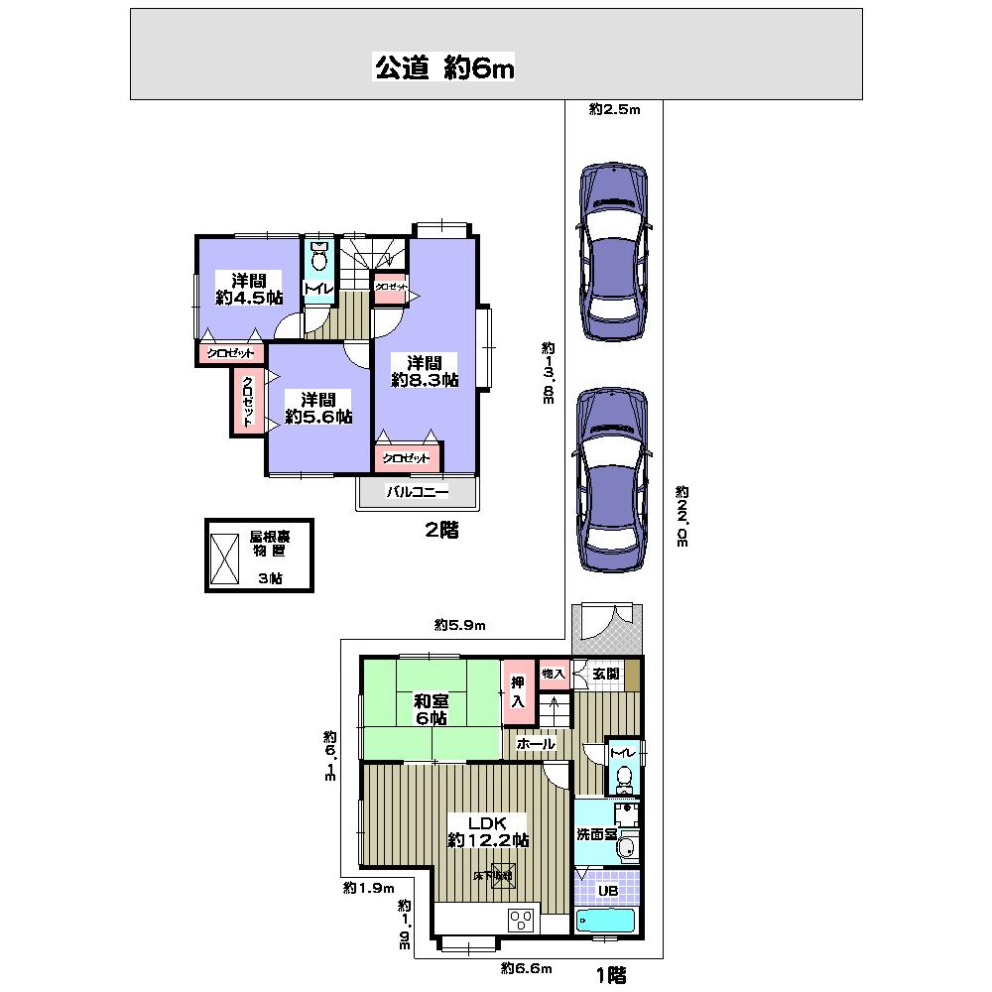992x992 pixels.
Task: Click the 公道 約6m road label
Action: click(443, 67)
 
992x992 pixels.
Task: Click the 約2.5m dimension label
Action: click(614, 110)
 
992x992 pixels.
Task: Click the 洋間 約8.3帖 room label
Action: click(424, 370)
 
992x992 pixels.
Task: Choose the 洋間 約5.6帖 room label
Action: click(318, 408)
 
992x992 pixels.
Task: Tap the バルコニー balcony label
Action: click(418, 491)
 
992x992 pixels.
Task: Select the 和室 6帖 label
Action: click(430, 709)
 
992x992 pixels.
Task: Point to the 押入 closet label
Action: click(517, 690)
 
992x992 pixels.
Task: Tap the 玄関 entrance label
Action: click(606, 674)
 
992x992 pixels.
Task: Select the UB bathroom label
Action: click(608, 890)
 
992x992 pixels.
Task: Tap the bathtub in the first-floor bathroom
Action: click(605, 920)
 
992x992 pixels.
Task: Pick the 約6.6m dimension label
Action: click(526, 967)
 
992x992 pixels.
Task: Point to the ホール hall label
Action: click(535, 743)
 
